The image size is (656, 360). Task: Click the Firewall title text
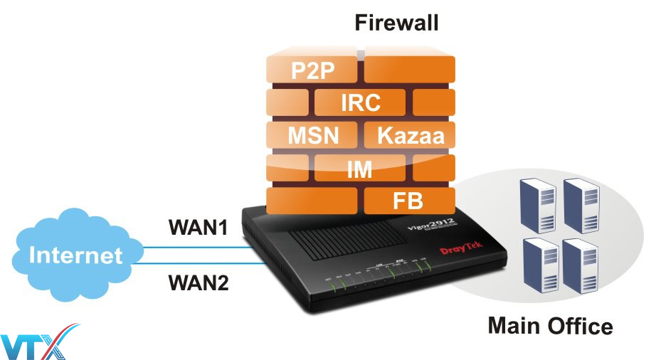(397, 23)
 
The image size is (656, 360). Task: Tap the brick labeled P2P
(313, 70)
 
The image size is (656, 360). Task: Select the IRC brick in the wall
(361, 102)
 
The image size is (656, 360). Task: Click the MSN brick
(313, 134)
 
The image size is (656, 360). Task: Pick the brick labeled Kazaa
(409, 134)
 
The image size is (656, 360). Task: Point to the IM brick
(360, 169)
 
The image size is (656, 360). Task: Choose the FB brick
(408, 200)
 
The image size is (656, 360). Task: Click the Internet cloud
(75, 253)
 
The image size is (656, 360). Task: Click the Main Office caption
(549, 326)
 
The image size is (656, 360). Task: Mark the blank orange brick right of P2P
(409, 70)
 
